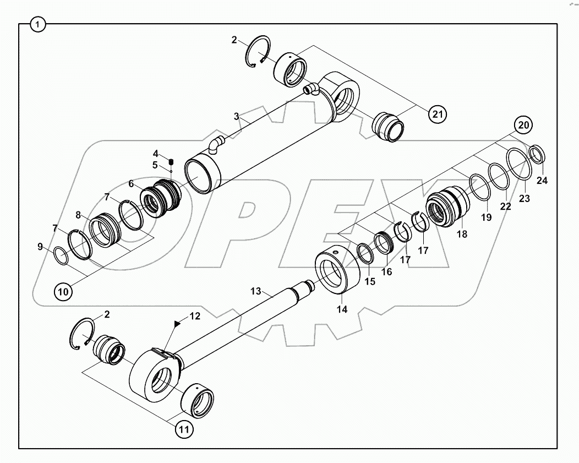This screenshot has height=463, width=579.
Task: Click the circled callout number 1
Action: [x=38, y=25]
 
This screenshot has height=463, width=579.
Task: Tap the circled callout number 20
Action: [x=524, y=125]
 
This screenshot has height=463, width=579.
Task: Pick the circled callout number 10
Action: [x=63, y=291]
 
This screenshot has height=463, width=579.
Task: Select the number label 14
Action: [x=342, y=309]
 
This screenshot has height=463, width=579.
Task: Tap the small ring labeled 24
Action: [x=538, y=154]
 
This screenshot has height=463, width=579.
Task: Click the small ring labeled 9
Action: [x=62, y=255]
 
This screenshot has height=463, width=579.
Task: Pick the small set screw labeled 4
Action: [x=171, y=161]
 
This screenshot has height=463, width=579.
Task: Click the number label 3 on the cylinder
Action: [x=236, y=117]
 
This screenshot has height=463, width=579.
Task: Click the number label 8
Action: [x=79, y=215]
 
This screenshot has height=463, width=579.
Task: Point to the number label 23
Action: [x=524, y=198]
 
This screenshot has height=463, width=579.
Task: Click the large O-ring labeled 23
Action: [x=519, y=164]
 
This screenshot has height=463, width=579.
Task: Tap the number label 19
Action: [x=485, y=217]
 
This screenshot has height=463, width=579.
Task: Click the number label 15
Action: [x=369, y=281]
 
